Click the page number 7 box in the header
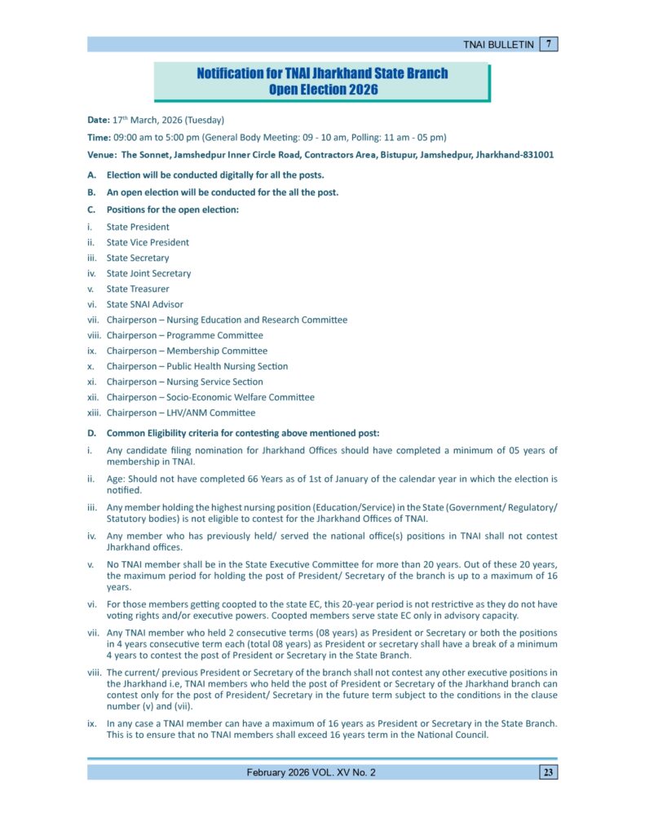[x=549, y=44]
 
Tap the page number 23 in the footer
[x=548, y=772]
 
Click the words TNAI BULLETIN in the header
[x=498, y=45]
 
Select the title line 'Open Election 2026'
[x=323, y=90]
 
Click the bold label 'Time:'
[x=99, y=137]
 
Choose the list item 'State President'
[x=138, y=227]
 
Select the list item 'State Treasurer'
[x=138, y=289]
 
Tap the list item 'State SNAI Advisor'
[x=144, y=304]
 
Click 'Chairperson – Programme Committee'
[x=184, y=335]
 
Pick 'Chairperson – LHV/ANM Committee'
[x=180, y=413]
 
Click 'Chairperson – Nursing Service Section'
[x=184, y=382]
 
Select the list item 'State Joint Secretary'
[x=148, y=273]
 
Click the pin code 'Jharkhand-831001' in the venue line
[x=515, y=154]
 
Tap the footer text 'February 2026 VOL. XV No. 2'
[x=311, y=772]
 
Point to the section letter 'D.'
[x=91, y=433]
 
